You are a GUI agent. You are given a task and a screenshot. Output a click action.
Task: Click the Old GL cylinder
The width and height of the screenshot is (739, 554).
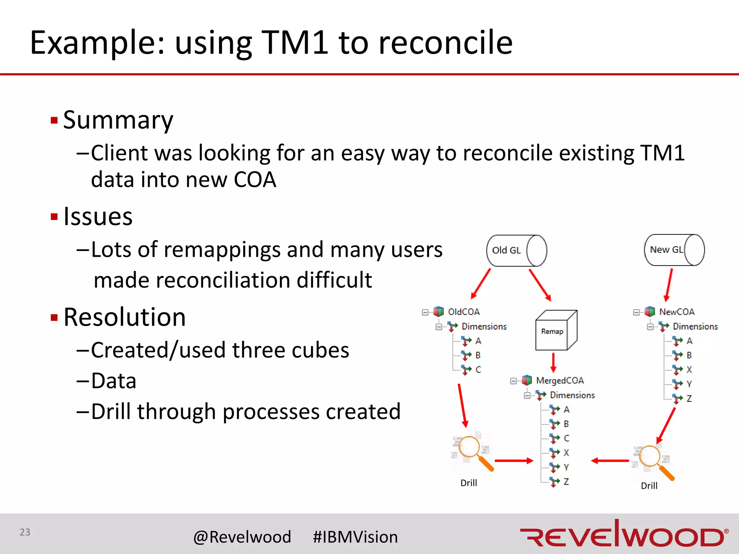pos(516,251)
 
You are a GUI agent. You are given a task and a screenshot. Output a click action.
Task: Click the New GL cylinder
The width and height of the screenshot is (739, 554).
pos(674,250)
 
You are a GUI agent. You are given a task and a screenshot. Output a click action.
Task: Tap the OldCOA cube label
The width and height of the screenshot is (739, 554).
pos(463,312)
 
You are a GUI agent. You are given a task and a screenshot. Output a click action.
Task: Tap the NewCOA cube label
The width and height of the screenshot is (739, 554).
pos(676,312)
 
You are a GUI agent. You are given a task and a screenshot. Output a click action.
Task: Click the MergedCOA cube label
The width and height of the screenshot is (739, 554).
pos(559,381)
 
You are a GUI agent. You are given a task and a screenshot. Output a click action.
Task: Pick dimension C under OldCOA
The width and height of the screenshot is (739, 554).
pos(478,370)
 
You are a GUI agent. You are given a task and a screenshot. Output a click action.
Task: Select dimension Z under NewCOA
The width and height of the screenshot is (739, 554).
pos(689,399)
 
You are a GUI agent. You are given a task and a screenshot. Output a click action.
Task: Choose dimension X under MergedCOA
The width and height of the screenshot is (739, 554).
pos(566,453)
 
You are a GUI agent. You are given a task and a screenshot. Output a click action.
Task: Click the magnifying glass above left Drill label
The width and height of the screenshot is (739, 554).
pos(471,451)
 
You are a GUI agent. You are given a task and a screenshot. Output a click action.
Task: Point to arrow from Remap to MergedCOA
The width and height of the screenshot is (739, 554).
pos(553,362)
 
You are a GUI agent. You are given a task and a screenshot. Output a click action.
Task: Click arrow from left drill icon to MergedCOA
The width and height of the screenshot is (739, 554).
pos(514,461)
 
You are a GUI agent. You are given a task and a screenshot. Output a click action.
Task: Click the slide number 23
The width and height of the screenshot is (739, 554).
pos(25,532)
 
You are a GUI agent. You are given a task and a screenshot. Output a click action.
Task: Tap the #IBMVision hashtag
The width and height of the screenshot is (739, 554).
pos(355,537)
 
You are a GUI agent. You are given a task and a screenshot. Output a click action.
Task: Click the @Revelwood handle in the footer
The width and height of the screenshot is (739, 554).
pos(242,537)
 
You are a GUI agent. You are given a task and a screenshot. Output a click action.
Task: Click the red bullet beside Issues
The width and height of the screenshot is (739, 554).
pos(54,217)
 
